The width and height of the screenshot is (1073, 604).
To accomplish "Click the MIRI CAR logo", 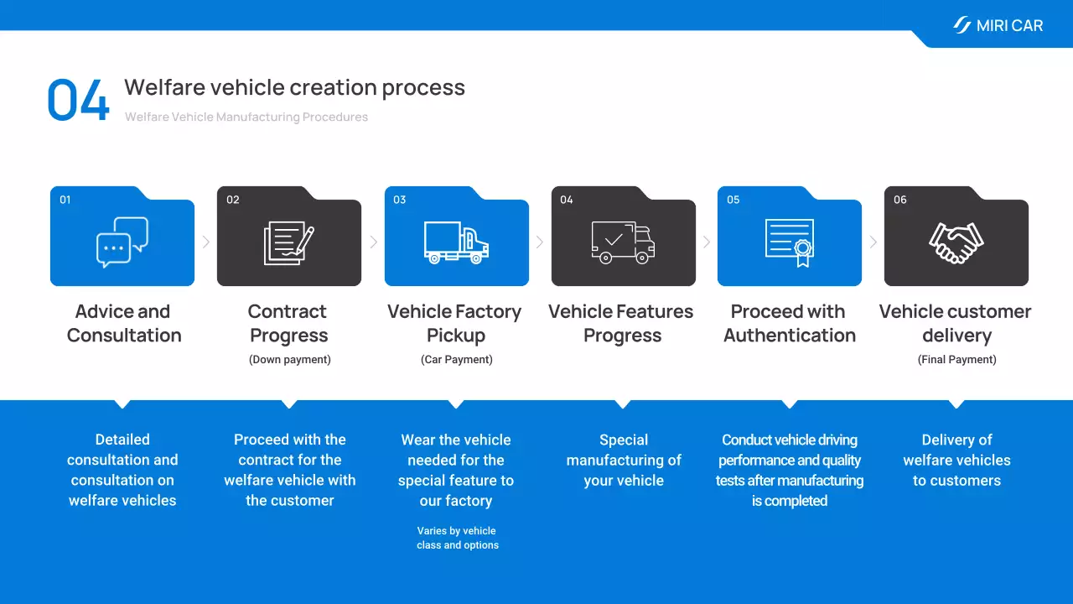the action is pos(998,25).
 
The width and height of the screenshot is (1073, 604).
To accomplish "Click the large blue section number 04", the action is pos(78,100).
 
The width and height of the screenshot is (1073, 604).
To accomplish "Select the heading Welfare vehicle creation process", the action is pos(294,87).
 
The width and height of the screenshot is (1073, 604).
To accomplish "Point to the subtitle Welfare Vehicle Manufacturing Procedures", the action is pos(246,117).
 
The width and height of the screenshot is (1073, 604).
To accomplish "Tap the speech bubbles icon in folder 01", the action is pos(122,242).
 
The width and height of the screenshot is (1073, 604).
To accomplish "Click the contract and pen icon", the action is pos(289,242).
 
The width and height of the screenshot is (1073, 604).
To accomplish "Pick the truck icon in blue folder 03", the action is pos(456,242).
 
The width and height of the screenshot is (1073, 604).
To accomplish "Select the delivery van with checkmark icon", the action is pos(623,242).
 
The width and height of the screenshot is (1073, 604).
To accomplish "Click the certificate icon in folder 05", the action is pos(790,243).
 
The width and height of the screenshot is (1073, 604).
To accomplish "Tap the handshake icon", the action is pos(956,243).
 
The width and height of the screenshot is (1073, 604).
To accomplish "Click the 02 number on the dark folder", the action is pos(233,200).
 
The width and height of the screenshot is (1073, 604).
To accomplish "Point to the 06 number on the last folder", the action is pos(900,200).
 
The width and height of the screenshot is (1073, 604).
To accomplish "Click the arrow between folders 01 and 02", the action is pos(206,242).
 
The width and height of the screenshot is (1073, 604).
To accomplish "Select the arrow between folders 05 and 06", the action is pos(873,242).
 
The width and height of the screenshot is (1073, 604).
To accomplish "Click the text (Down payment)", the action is pos(290,360).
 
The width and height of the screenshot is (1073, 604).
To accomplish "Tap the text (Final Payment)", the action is pos(957,360).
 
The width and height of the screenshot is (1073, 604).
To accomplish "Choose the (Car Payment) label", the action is pos(457,360).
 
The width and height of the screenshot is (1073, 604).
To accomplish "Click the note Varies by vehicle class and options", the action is pos(458,538).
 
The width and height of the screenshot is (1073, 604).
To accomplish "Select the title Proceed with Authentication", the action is pos(790,324).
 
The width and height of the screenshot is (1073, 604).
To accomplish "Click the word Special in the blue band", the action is pos(624,440).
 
